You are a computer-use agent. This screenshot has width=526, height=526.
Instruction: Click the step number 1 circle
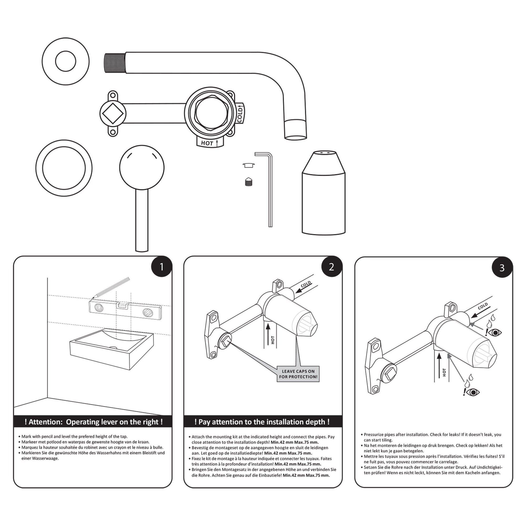(161, 267)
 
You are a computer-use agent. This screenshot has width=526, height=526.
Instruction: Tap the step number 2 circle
(332, 267)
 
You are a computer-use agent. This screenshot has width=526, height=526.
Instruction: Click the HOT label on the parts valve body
(207, 143)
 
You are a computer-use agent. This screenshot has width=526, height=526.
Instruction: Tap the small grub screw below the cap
(249, 182)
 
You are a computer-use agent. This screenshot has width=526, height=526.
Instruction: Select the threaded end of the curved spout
(115, 63)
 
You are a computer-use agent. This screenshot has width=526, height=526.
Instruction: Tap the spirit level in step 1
(125, 310)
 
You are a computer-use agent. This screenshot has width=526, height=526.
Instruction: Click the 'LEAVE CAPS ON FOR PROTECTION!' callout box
(298, 374)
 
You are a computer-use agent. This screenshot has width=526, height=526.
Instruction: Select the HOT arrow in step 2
(268, 335)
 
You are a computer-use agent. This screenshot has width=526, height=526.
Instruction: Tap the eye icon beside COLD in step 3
(495, 332)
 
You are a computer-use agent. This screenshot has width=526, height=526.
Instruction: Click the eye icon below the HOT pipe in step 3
(473, 392)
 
